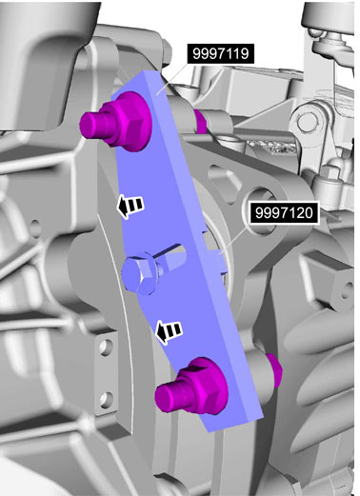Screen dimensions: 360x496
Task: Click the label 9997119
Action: tap(220, 53)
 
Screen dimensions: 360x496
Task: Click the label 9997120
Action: tap(284, 212)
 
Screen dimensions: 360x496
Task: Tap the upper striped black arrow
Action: tap(130, 206)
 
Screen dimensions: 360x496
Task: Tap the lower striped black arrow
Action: tap(169, 331)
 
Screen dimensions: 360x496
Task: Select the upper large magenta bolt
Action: tap(117, 120)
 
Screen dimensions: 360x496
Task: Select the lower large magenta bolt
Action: tap(191, 387)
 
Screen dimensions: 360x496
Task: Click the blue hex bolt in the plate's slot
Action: tap(141, 275)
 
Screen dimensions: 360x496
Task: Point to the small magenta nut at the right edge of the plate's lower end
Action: tap(273, 370)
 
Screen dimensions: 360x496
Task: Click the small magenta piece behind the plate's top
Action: tap(201, 121)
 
